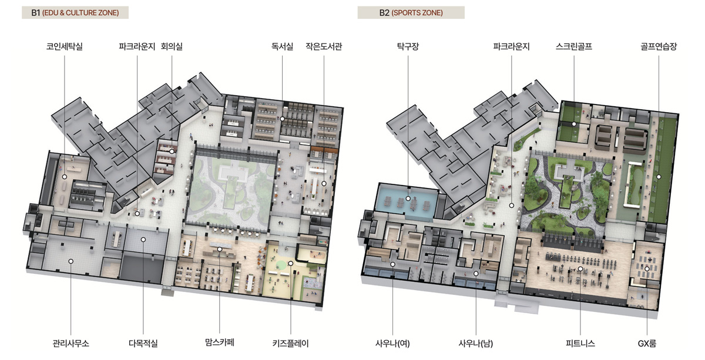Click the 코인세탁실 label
pyautogui.click(x=65, y=46)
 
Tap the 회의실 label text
pyautogui.click(x=172, y=46)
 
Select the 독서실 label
pyautogui.click(x=282, y=46)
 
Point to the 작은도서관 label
pyautogui.click(x=324, y=46)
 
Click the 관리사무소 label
pyautogui.click(x=71, y=343)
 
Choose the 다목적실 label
pyautogui.click(x=143, y=343)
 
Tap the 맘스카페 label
pyautogui.click(x=219, y=342)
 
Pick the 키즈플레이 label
pyautogui.click(x=290, y=343)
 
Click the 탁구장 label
pyautogui.click(x=408, y=46)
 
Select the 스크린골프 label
pyautogui.click(x=574, y=46)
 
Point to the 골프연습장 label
pyautogui.click(x=659, y=46)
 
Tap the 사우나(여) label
pyautogui.click(x=392, y=344)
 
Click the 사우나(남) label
pyautogui.click(x=475, y=344)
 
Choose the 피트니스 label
pyautogui.click(x=580, y=343)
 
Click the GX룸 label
pyautogui.click(x=647, y=344)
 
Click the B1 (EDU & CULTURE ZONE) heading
pyautogui.click(x=75, y=12)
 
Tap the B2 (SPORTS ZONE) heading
pyautogui.click(x=411, y=12)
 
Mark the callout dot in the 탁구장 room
pyautogui.click(x=408, y=198)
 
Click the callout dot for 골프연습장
pyautogui.click(x=659, y=177)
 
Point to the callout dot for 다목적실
pyautogui.click(x=143, y=240)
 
